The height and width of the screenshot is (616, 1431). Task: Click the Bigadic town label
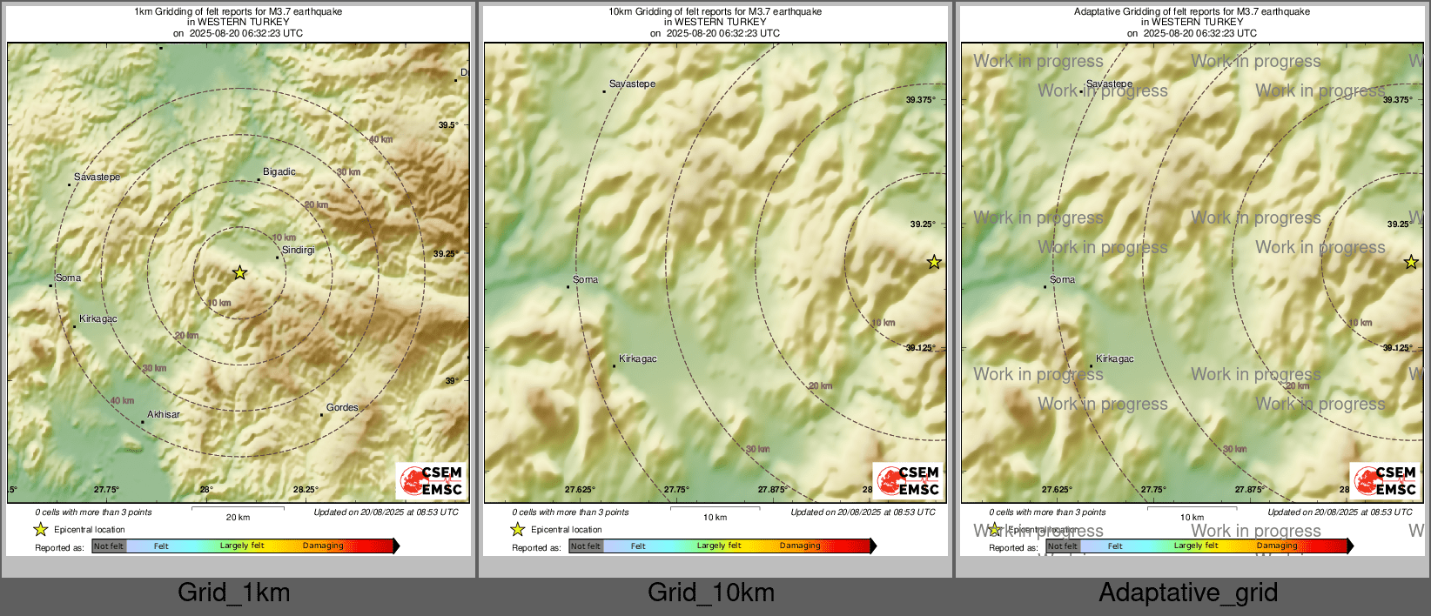coord(279,172)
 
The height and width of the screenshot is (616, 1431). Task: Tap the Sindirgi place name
coord(298,251)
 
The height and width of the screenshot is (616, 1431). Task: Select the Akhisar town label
coord(163,415)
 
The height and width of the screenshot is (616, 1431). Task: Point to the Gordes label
coord(342,408)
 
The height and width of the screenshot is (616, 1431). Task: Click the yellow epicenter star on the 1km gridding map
coord(239,273)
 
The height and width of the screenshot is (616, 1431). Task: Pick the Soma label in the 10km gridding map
coord(585,280)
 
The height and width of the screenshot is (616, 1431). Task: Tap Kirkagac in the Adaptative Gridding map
coord(1114,359)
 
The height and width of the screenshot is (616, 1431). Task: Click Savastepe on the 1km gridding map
coord(97,177)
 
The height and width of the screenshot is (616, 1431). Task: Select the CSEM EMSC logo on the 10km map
coord(909,481)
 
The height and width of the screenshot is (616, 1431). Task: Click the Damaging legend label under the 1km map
coord(323,546)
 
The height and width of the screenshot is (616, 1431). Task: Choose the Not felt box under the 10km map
coord(586,546)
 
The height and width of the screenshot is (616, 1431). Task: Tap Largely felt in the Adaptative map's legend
coord(1195,546)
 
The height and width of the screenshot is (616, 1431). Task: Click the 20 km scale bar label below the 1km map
coord(238,518)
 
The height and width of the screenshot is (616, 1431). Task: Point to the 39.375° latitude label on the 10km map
coord(920,100)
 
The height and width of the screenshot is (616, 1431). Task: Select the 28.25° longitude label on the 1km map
coord(306,490)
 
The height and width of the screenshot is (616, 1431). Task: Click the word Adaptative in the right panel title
coord(1099,12)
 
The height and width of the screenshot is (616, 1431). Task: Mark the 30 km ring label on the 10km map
coord(757,450)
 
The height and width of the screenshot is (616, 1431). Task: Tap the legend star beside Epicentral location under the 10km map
coord(518,529)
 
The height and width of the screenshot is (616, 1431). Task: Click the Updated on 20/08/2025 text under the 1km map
coord(386,512)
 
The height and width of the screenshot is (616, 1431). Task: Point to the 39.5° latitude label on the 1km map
coord(447,125)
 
